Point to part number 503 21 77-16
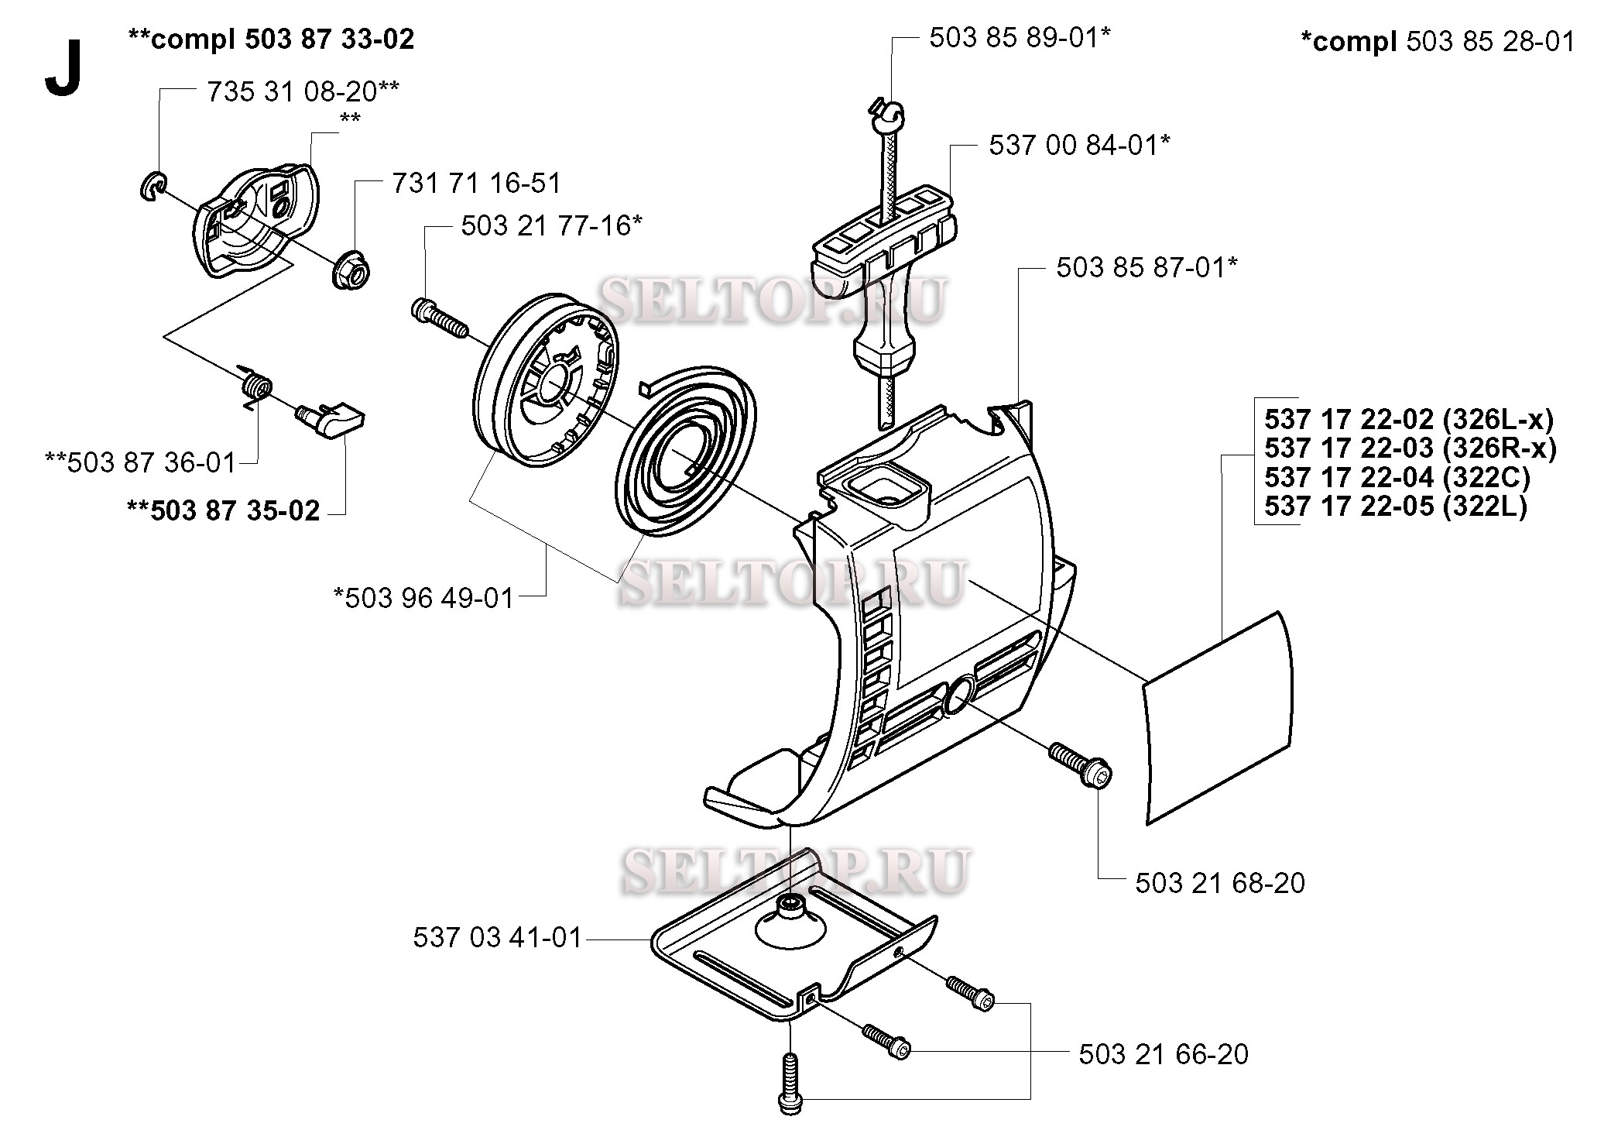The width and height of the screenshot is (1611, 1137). [551, 226]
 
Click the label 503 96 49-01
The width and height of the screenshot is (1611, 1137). [423, 598]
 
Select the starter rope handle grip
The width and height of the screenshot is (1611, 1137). [883, 256]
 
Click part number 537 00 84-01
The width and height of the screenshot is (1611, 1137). [1079, 145]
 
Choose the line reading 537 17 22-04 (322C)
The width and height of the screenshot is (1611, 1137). [1397, 477]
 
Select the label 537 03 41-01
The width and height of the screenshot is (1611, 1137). [497, 938]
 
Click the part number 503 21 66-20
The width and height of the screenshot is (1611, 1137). [1163, 1054]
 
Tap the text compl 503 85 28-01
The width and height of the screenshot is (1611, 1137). [1437, 41]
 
